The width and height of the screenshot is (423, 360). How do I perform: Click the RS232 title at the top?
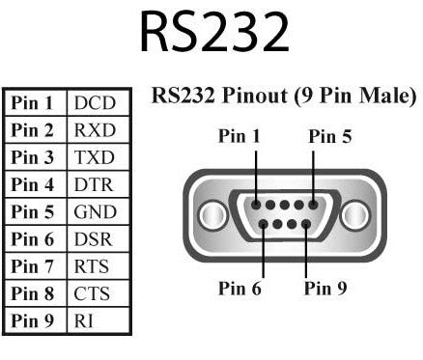tap(214, 33)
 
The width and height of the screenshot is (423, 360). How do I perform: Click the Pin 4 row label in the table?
tap(34, 183)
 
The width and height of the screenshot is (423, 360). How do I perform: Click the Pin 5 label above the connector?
tap(330, 137)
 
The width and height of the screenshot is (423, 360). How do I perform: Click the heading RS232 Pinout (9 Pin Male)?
tap(284, 97)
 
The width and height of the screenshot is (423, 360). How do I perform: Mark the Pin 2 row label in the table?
tap(34, 129)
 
